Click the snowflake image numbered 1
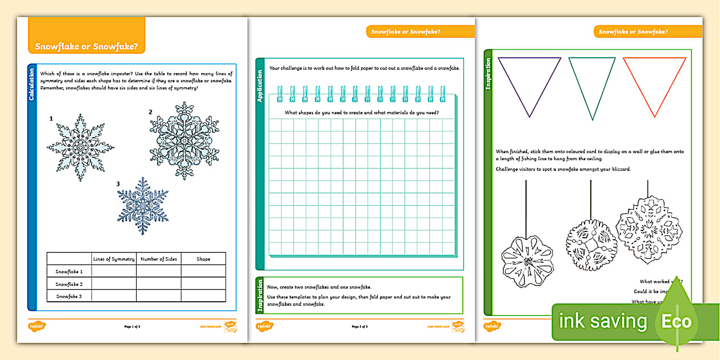point(80,147)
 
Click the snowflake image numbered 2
point(184,141)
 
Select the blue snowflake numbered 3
point(143,207)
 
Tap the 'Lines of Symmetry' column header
point(114,259)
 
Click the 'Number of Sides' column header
point(158,259)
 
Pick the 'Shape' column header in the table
point(203,259)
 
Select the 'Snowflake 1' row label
point(69,271)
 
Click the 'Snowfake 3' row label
point(69,296)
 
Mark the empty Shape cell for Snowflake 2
point(203,283)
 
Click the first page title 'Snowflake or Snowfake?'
point(86,46)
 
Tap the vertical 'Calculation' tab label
point(32,85)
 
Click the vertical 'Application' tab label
point(260,86)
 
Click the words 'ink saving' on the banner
point(602,321)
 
